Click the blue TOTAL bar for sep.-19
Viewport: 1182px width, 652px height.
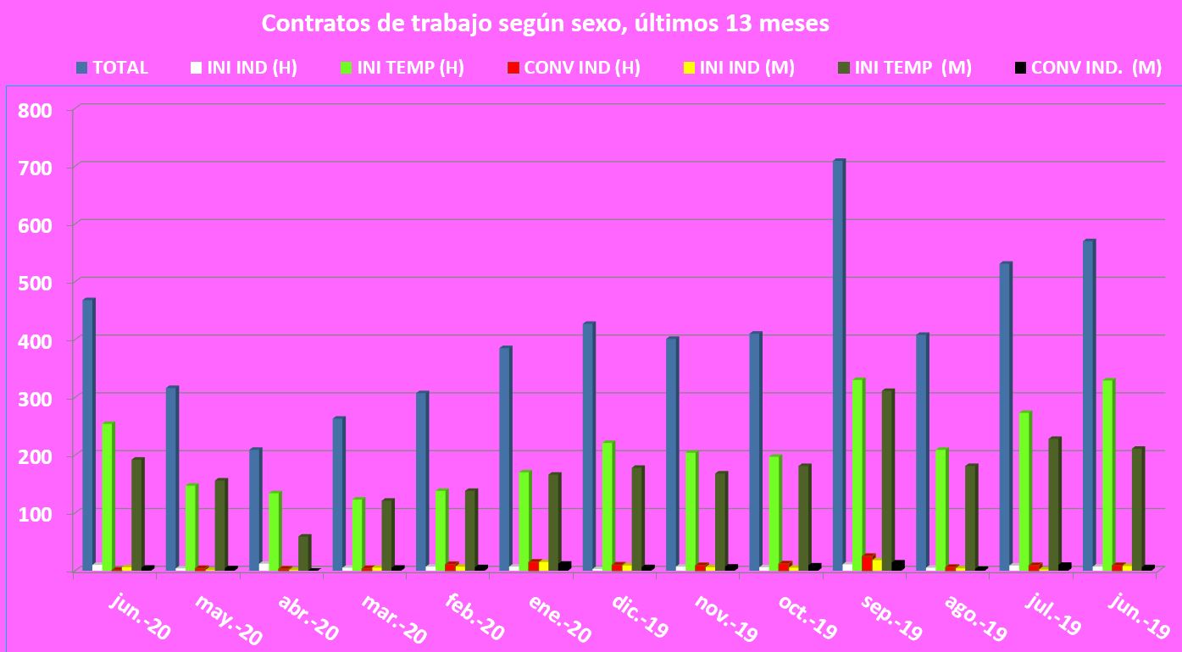click(x=839, y=364)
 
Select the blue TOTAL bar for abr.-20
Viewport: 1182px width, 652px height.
click(x=255, y=509)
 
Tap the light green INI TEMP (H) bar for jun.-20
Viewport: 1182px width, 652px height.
click(x=108, y=495)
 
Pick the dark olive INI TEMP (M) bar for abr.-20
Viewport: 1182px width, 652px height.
click(x=304, y=552)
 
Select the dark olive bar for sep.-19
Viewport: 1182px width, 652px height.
click(x=888, y=479)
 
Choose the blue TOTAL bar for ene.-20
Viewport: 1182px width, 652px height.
click(x=505, y=458)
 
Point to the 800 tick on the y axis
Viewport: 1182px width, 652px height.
click(x=37, y=110)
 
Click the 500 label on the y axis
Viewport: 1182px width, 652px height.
click(x=37, y=283)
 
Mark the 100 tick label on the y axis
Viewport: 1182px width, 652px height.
click(x=37, y=514)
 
